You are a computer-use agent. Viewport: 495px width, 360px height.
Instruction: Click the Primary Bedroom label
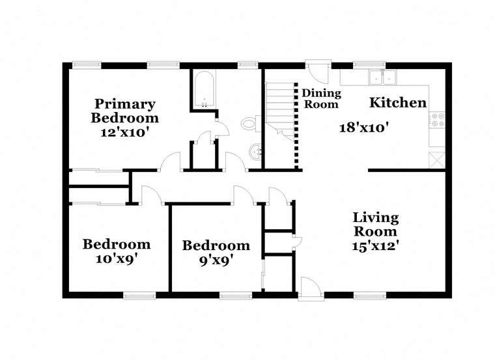pos(124,111)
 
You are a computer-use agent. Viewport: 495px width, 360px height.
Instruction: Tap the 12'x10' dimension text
pos(124,132)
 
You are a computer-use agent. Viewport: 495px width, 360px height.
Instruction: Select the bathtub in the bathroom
pos(205,90)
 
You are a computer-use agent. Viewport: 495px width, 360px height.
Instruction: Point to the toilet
pos(251,123)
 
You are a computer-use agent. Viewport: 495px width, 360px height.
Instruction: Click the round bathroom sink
pos(255,152)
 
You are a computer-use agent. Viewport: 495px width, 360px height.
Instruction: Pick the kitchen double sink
pos(382,77)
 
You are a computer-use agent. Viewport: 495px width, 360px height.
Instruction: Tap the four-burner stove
pos(436,120)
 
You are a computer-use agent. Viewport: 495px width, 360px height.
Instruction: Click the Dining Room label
pos(321,98)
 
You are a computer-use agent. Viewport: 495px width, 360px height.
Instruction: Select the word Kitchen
pos(398,103)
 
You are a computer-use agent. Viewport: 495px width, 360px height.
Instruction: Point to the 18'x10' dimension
pos(363,128)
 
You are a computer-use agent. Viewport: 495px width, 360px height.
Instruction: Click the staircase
pos(280,112)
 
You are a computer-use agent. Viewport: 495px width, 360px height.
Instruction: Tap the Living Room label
pos(376,225)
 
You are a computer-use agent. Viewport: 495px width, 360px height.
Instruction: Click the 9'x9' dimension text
pos(216,260)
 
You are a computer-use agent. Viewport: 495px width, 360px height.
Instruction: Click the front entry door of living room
pos(311,288)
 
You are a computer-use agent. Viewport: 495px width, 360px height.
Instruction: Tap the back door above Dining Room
pos(318,72)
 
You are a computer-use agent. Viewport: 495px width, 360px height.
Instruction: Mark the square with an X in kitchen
pos(436,160)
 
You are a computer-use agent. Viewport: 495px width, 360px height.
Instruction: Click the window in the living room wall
pos(370,296)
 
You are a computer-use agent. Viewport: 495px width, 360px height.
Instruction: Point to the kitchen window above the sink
pos(369,65)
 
